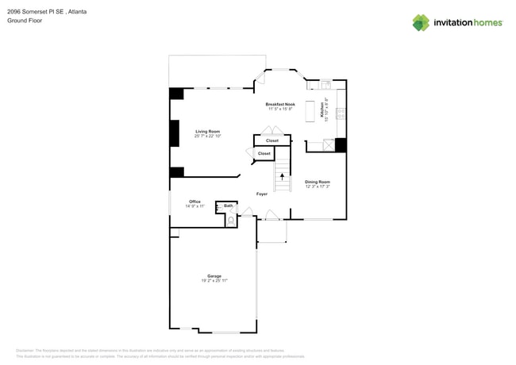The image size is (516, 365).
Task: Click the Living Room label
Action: pos(208,131)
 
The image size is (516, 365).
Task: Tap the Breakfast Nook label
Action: pos(279,104)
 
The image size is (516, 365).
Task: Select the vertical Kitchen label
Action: pos(322,109)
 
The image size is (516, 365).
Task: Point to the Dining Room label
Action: pos(318,182)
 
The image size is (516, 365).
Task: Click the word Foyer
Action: pos(262,194)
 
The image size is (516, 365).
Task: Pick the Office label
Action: pos(194,202)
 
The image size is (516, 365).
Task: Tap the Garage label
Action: pos(214,276)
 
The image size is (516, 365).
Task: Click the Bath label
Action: pos(229,206)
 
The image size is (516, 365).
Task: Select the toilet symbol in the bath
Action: pos(230,220)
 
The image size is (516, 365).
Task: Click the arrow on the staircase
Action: pos(281,177)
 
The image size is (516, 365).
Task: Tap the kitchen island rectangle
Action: pos(310,109)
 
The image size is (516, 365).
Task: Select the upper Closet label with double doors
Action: pos(272,140)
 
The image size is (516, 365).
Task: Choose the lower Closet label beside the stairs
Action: pos(264,153)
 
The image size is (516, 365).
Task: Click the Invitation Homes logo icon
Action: pos(421,23)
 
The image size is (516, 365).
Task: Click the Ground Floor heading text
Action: pos(25,21)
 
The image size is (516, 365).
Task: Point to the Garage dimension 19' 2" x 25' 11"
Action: pos(214,281)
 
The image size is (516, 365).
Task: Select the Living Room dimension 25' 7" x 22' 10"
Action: pos(208,136)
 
